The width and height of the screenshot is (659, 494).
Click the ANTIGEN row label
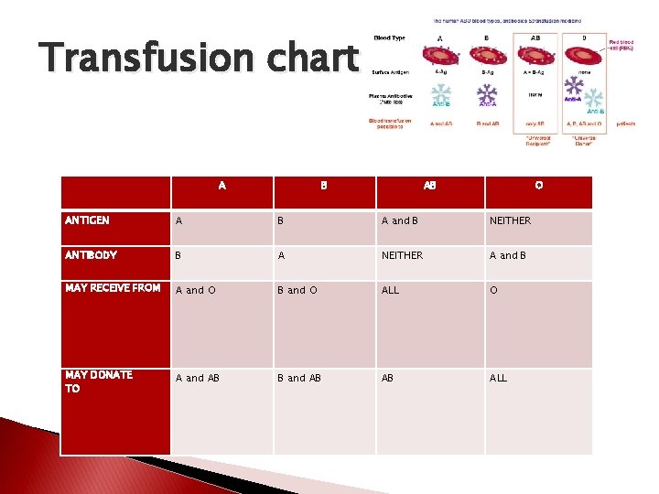[x=88, y=220]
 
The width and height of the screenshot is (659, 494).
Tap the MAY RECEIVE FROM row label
[x=113, y=288]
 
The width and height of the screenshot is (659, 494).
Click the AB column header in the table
[x=429, y=186]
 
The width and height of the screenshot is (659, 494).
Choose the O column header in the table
[x=538, y=186]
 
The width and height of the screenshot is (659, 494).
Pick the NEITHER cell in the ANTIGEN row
[x=510, y=220]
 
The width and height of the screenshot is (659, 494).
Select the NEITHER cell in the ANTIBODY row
[x=402, y=255]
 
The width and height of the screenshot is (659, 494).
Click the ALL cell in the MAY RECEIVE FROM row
[x=391, y=290]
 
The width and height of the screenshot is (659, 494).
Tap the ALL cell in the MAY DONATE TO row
[x=498, y=378]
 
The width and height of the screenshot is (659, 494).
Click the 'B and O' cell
[x=297, y=290]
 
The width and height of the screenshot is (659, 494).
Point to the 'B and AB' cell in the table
[x=300, y=378]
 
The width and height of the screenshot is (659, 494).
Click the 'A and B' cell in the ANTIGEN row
[x=399, y=220]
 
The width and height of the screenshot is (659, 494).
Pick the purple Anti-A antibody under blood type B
[x=486, y=95]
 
